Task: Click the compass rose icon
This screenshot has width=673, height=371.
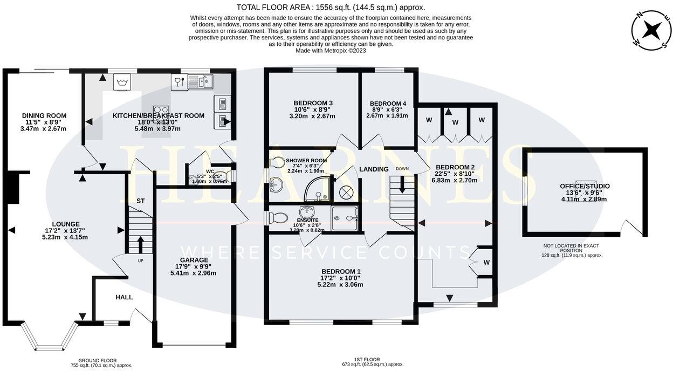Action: pyautogui.click(x=651, y=30)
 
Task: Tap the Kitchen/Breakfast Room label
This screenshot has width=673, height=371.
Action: pyautogui.click(x=159, y=115)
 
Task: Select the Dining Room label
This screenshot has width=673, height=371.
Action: pyautogui.click(x=44, y=115)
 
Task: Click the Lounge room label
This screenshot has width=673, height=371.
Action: pyautogui.click(x=66, y=224)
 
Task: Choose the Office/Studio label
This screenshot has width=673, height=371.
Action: pyautogui.click(x=585, y=186)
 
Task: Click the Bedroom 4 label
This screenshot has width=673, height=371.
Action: pyautogui.click(x=388, y=104)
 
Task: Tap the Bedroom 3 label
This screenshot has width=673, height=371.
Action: pyautogui.click(x=313, y=103)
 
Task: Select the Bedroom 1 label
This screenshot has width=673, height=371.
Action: pyautogui.click(x=341, y=271)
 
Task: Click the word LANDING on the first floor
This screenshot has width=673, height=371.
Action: pyautogui.click(x=374, y=169)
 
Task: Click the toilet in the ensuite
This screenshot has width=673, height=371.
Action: pyautogui.click(x=278, y=218)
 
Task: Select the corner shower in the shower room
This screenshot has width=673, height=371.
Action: pyautogui.click(x=317, y=189)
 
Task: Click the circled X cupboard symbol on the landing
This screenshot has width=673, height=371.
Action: pyautogui.click(x=345, y=191)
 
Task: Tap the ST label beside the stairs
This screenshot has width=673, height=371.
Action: pyautogui.click(x=140, y=201)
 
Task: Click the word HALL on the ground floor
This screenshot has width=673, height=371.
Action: pyautogui.click(x=124, y=297)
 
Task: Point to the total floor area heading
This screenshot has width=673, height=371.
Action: pyautogui.click(x=331, y=7)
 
